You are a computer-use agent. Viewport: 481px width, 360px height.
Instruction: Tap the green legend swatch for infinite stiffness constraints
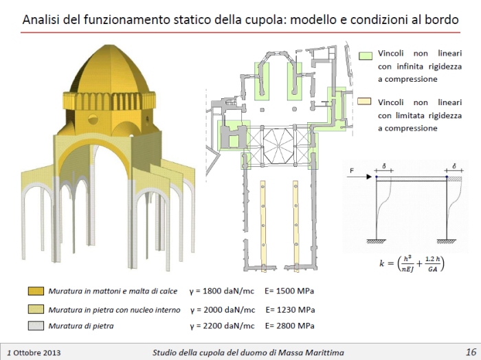[x=366, y=56]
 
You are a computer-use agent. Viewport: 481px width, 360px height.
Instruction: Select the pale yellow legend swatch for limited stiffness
[x=364, y=101]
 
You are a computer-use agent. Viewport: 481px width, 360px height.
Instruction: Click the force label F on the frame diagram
[x=352, y=170]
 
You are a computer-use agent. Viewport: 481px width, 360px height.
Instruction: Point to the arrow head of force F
[x=369, y=177]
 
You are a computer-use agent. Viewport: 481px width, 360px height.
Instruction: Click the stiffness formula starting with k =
[x=412, y=263]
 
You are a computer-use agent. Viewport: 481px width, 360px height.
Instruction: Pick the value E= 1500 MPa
[x=289, y=291]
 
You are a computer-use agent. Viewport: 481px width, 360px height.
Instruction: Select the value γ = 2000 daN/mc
[x=223, y=310]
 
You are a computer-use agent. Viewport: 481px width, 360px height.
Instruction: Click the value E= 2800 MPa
[x=290, y=326]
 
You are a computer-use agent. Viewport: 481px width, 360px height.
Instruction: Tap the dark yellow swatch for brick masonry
[x=36, y=291]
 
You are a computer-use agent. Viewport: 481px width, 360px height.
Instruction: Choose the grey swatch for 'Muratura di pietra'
[x=36, y=326]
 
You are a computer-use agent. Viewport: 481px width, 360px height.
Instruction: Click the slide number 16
[x=471, y=352]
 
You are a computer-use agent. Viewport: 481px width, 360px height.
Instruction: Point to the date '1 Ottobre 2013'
[x=34, y=352]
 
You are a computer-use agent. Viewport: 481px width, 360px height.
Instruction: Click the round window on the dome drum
[x=93, y=119]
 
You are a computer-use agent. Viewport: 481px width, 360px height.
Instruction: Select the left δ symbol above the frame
[x=384, y=166]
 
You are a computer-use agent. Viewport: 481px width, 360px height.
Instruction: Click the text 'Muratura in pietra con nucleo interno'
[x=114, y=310]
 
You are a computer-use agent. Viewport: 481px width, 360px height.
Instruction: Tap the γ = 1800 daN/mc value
[x=222, y=291]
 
